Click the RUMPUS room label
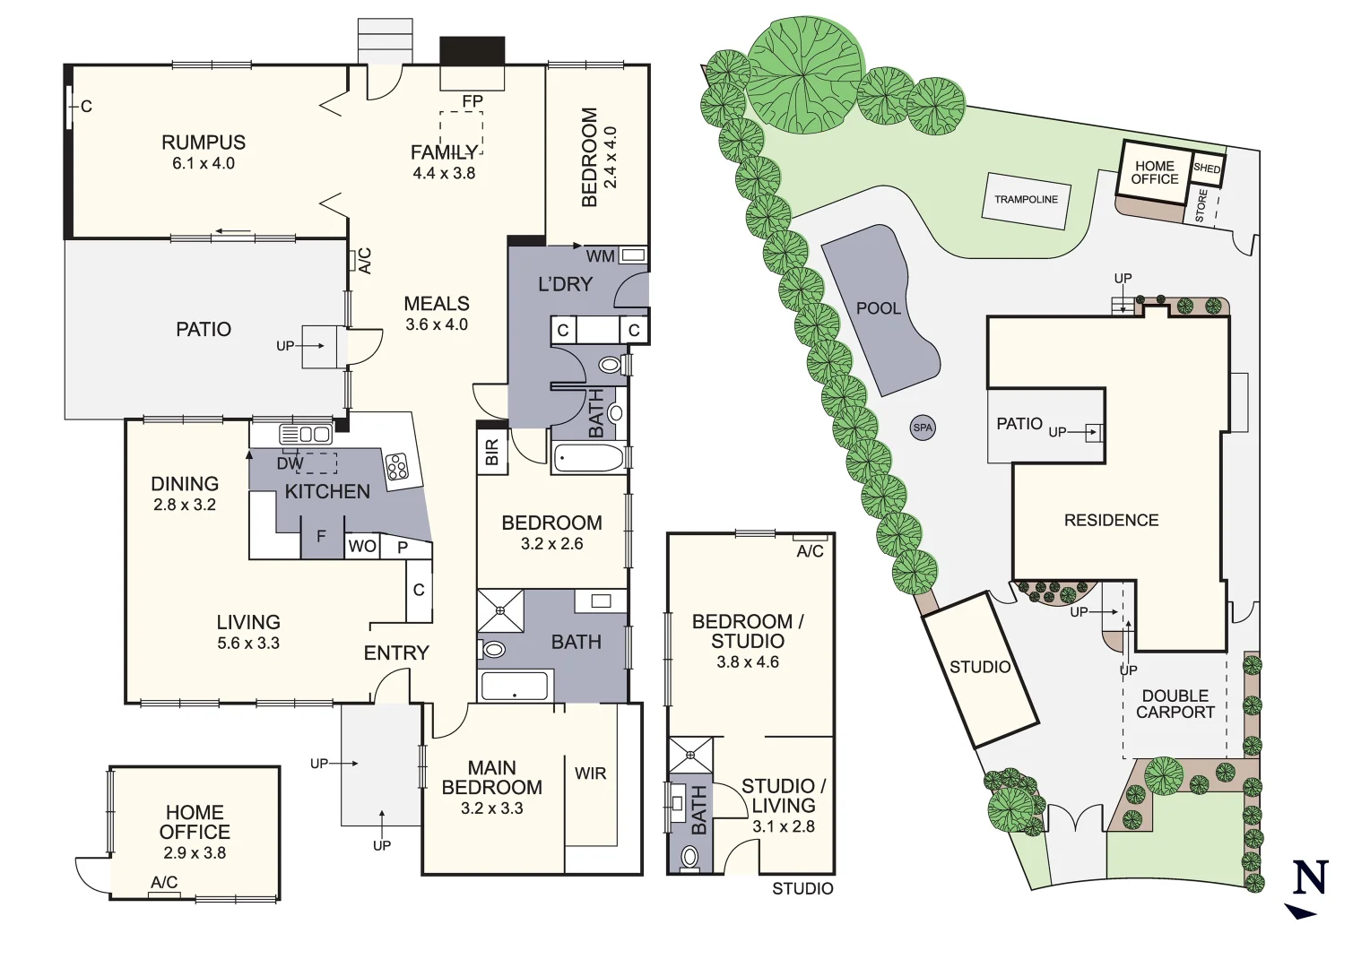click(x=204, y=143)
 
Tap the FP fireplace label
click(x=472, y=101)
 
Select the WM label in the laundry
click(x=600, y=256)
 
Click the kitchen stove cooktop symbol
click(x=397, y=467)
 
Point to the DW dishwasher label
click(x=290, y=463)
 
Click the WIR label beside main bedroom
click(x=590, y=774)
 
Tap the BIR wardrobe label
click(x=491, y=453)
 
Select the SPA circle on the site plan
click(x=923, y=428)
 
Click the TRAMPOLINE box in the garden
click(x=1026, y=200)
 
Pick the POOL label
click(x=878, y=308)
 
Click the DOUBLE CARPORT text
click(x=1175, y=704)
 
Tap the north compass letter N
click(x=1309, y=877)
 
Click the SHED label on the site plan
click(x=1207, y=169)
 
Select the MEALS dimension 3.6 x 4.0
click(x=437, y=324)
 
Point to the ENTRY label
click(x=396, y=653)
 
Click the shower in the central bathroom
click(x=500, y=610)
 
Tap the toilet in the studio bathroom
click(x=689, y=857)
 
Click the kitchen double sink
click(x=306, y=435)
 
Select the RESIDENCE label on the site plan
click(x=1111, y=520)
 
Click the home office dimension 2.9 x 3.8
click(x=195, y=853)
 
